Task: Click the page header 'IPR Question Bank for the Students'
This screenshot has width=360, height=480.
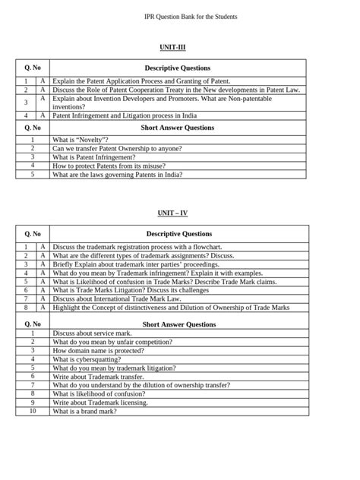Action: [x=179, y=16]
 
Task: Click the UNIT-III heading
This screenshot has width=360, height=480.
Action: [x=179, y=48]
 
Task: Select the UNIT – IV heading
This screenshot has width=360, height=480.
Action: [x=179, y=214]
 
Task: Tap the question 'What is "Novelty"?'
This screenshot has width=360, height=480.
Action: [x=80, y=141]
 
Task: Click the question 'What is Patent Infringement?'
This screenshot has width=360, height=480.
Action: [x=93, y=157]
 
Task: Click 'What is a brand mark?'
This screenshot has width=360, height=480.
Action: [x=84, y=411]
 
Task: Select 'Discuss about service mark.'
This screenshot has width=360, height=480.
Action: [x=92, y=333]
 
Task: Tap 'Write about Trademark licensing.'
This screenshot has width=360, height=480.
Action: [x=101, y=403]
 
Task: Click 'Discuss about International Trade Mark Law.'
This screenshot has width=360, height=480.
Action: [x=119, y=298]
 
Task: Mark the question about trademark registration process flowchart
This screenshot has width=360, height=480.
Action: [x=137, y=247]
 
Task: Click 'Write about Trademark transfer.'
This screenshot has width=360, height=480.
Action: [x=99, y=377]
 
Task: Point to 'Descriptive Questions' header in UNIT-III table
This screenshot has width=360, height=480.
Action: [x=178, y=68]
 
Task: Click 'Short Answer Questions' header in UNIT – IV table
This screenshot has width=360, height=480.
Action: [x=178, y=324]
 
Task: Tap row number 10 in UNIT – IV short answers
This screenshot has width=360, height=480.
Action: [x=33, y=411]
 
